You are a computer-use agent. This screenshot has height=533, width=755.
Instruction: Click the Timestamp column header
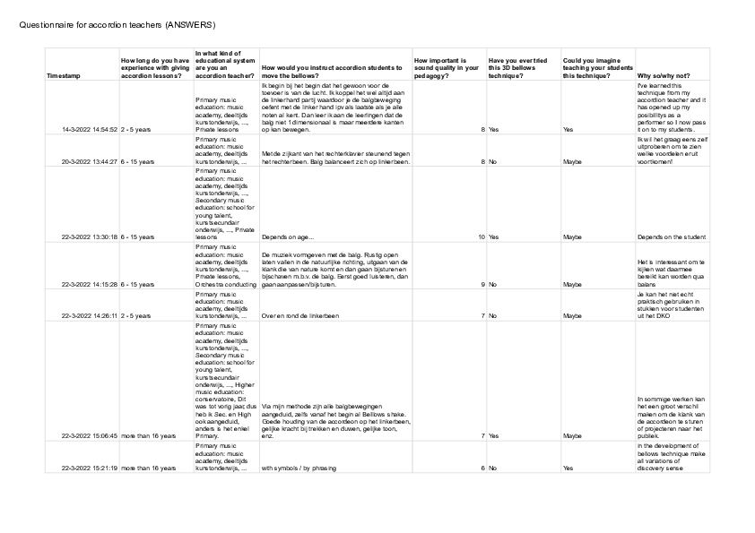(x=63, y=77)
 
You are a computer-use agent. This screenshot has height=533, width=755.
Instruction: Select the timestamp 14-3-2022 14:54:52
(x=90, y=130)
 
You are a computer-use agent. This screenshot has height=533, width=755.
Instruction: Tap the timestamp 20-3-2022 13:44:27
(x=90, y=162)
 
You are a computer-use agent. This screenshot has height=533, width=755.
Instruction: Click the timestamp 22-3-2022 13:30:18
(x=90, y=237)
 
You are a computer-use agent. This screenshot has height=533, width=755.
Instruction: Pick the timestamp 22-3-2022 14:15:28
(x=90, y=285)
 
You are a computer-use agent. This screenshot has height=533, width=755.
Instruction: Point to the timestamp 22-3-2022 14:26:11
(x=90, y=316)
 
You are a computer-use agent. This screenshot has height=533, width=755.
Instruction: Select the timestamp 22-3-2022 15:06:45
(x=90, y=436)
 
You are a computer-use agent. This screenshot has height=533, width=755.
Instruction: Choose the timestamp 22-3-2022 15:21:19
(x=90, y=468)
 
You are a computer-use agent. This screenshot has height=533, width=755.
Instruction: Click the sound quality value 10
(x=481, y=237)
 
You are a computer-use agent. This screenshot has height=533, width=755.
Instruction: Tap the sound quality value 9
(x=482, y=285)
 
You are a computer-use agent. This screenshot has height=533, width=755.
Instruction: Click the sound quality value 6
(x=482, y=468)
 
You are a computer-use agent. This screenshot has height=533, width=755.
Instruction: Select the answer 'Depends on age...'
(x=288, y=237)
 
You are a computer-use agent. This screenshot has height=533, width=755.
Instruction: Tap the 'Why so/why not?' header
(x=663, y=77)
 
